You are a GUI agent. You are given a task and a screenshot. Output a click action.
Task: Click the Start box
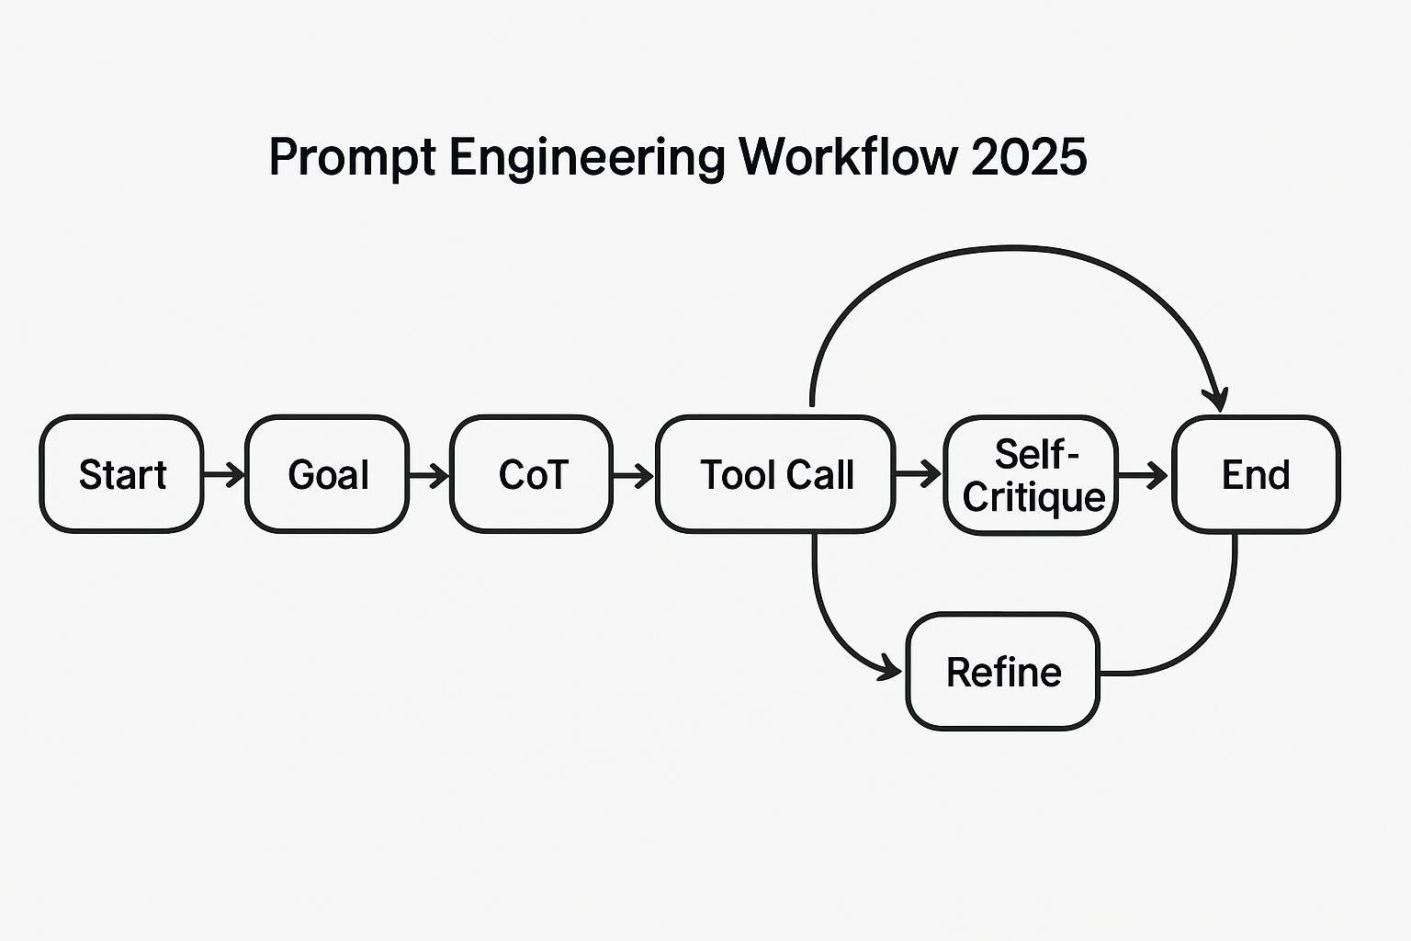click(x=121, y=474)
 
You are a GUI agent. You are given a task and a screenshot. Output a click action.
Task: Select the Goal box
click(x=327, y=474)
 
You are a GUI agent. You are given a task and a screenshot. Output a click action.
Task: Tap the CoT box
click(x=532, y=474)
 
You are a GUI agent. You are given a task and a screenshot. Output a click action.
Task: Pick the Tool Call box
click(x=775, y=474)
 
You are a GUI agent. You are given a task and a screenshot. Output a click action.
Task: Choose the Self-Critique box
click(x=1032, y=474)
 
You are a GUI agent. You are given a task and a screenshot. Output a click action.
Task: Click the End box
click(x=1256, y=474)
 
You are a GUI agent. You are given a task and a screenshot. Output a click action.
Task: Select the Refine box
click(x=1003, y=672)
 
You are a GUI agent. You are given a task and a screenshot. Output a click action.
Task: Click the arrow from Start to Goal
click(x=224, y=474)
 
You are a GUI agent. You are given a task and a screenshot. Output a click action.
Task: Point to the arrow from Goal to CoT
click(x=429, y=474)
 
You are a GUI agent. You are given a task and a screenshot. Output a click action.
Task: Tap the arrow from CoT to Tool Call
click(x=633, y=474)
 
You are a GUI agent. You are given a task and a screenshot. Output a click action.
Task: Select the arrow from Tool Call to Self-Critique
click(x=919, y=474)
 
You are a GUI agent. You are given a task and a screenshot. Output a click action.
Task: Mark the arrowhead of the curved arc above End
click(x=1217, y=401)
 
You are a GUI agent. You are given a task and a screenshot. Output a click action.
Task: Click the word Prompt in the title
click(x=352, y=158)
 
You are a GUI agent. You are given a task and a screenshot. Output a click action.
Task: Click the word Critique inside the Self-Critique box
click(x=1033, y=497)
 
